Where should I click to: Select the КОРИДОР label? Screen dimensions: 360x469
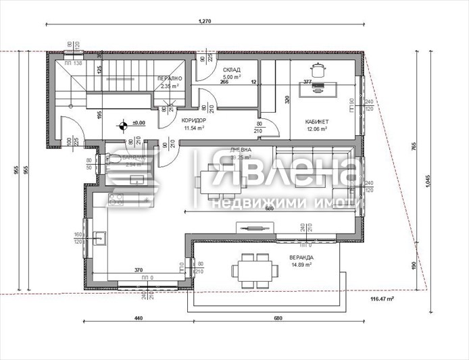[194, 120]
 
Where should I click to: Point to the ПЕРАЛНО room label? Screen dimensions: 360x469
[169, 79]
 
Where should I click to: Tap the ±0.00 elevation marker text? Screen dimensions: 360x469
[139, 123]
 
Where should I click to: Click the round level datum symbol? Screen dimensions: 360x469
[122, 124]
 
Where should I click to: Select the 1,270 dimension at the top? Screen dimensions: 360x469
[205, 22]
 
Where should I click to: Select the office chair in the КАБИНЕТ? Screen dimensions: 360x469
[316, 69]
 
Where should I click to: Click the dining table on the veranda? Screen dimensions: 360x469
[255, 270]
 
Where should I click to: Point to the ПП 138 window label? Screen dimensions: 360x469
[73, 63]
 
